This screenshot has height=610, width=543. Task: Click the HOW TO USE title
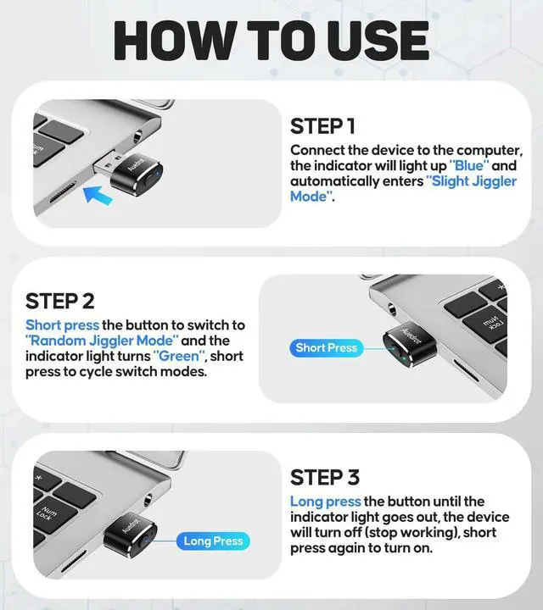coord(271,41)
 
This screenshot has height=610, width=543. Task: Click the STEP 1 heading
coord(322,126)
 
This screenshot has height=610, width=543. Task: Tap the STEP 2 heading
coord(60,301)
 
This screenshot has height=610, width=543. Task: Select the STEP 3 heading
coord(325,477)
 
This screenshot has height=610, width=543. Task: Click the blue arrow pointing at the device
coord(98,194)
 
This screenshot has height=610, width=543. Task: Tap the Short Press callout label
coord(327,348)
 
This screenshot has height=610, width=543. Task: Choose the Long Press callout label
coord(213,541)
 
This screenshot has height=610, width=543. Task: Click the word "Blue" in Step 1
coord(469,166)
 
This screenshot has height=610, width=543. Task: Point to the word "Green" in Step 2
coord(179,356)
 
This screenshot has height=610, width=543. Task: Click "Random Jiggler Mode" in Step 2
coord(102,341)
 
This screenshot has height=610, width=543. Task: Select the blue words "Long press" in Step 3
coord(326,502)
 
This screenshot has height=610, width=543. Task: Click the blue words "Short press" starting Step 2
coord(62,325)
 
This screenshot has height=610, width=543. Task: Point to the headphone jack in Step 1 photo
coord(137,138)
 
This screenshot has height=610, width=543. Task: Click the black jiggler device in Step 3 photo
coord(131,535)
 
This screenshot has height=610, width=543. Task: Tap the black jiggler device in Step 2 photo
coord(410,346)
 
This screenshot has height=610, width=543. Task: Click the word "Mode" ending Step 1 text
coord(309,197)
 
